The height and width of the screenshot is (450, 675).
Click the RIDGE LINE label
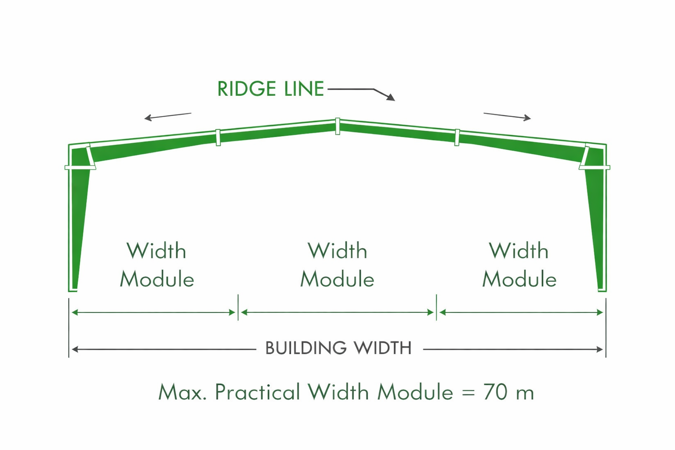pyautogui.click(x=270, y=89)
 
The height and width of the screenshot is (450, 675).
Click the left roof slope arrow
pyautogui.click(x=167, y=116)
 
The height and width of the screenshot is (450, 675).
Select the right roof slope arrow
pyautogui.click(x=507, y=116)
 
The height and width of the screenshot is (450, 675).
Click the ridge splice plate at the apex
pyautogui.click(x=337, y=126)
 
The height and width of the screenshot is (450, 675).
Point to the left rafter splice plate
pyautogui.click(x=218, y=138)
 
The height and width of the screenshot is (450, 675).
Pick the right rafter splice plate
pyautogui.click(x=457, y=138)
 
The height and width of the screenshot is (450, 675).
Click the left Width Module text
pyautogui.click(x=157, y=265)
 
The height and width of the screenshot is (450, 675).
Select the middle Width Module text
pyautogui.click(x=337, y=265)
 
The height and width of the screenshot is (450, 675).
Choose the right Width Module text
pyautogui.click(x=519, y=265)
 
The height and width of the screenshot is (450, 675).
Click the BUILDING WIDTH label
pyautogui.click(x=338, y=348)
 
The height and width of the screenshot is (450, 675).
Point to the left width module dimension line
pyautogui.click(x=153, y=312)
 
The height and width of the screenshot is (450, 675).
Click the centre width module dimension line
pyautogui.click(x=337, y=312)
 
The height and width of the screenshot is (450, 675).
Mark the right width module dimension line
pyautogui.click(x=521, y=312)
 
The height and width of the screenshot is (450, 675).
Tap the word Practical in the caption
pyautogui.click(x=258, y=392)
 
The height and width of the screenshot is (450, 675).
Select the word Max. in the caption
pyautogui.click(x=183, y=392)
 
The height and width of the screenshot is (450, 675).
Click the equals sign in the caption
pyautogui.click(x=468, y=393)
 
